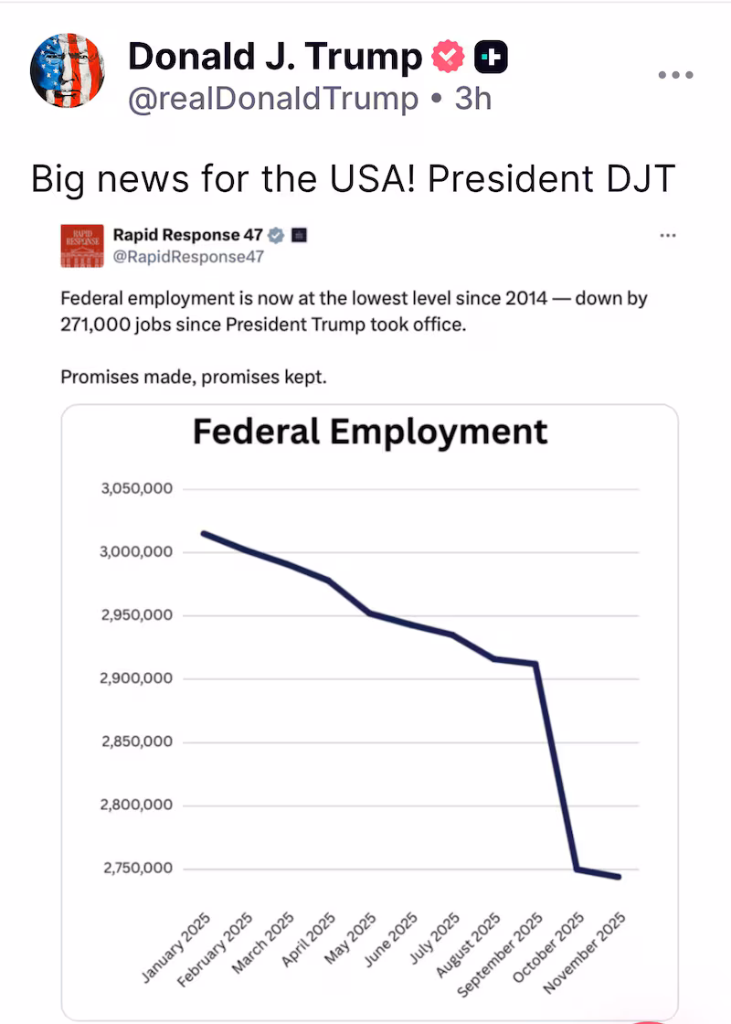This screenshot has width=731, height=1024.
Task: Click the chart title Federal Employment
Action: pos(370,431)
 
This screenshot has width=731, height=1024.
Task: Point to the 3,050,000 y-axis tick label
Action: pos(137,489)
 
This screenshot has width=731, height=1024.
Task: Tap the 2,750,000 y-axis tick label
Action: pos(137,868)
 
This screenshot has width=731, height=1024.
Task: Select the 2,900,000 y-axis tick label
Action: pos(137,678)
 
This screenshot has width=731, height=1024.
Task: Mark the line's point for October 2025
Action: pos(577,869)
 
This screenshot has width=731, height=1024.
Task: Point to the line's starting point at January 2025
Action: pos(203,533)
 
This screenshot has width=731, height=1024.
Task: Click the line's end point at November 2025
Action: pos(620,877)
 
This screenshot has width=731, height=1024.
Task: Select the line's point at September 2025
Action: pos(536,663)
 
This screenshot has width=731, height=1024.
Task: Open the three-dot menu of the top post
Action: pos(676,75)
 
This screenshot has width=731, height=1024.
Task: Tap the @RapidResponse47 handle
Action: pos(188,257)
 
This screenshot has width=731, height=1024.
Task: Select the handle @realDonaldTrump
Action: pos(273,99)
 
